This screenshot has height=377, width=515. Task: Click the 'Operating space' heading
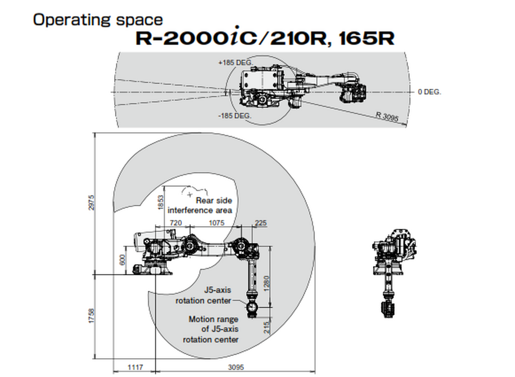(98, 20)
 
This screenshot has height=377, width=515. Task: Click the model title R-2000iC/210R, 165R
(265, 38)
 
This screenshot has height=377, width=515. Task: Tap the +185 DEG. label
(236, 62)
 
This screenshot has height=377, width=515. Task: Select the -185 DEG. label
(234, 116)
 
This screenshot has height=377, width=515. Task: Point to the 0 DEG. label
(429, 92)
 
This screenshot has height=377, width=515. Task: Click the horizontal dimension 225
(261, 223)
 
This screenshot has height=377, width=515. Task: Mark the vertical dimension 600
(122, 260)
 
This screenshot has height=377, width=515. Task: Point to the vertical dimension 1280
(267, 284)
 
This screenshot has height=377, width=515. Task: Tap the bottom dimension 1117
(135, 368)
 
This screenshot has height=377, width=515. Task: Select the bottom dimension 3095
(236, 368)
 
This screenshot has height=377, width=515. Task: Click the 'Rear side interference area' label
(200, 205)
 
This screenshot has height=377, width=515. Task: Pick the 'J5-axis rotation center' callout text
(203, 296)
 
